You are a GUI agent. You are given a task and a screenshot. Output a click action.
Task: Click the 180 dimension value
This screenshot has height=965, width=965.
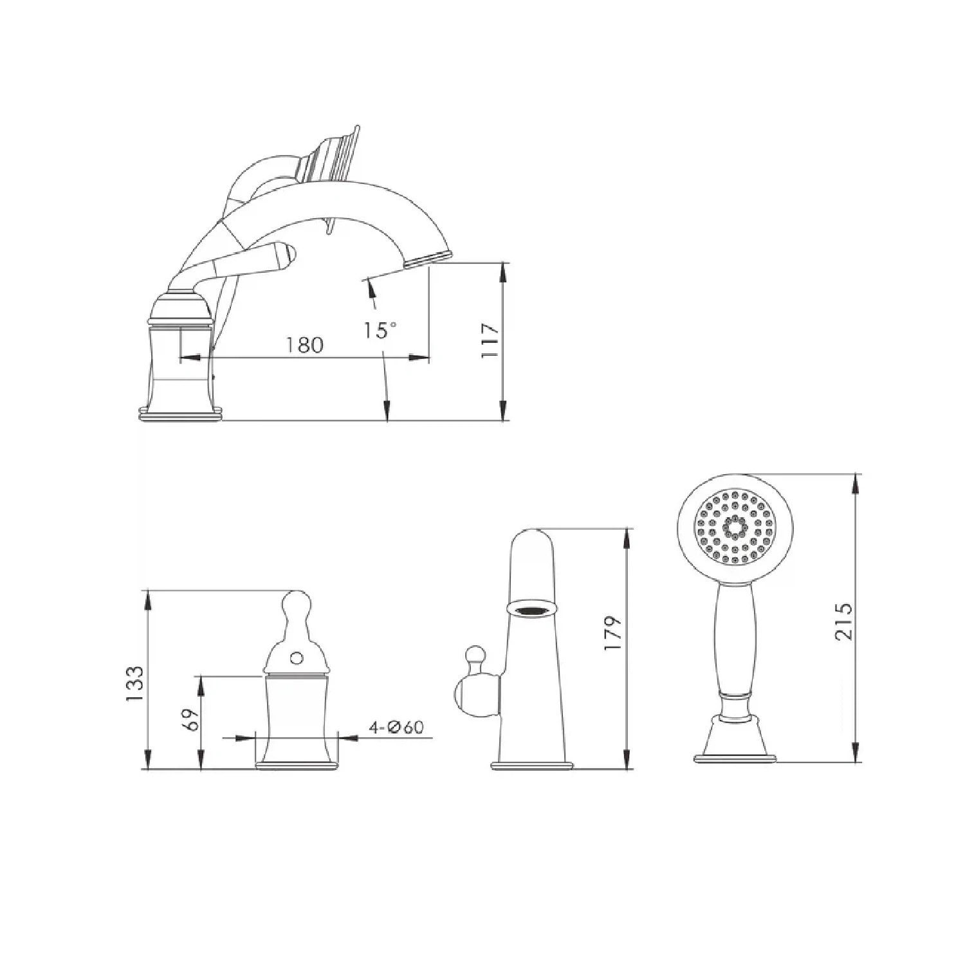click(304, 345)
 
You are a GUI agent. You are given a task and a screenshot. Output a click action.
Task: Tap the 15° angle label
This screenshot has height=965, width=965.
click(380, 330)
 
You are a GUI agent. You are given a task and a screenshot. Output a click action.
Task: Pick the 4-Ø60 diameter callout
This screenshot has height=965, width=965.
click(396, 727)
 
